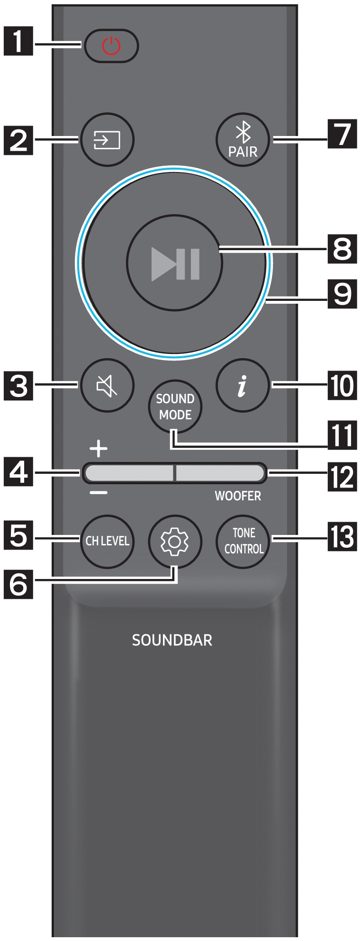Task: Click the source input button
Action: click(108, 140)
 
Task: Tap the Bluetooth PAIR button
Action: click(243, 140)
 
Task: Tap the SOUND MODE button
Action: click(175, 407)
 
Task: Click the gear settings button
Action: click(175, 541)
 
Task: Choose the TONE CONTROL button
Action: click(243, 541)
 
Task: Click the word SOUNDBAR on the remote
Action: click(172, 640)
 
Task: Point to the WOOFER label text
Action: click(238, 496)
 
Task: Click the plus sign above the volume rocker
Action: click(99, 448)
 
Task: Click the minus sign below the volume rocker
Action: click(99, 493)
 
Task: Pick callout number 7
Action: click(342, 135)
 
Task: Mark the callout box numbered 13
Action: click(342, 537)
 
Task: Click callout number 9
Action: click(342, 294)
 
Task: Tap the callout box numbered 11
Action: click(342, 435)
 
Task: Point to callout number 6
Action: click(18, 585)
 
